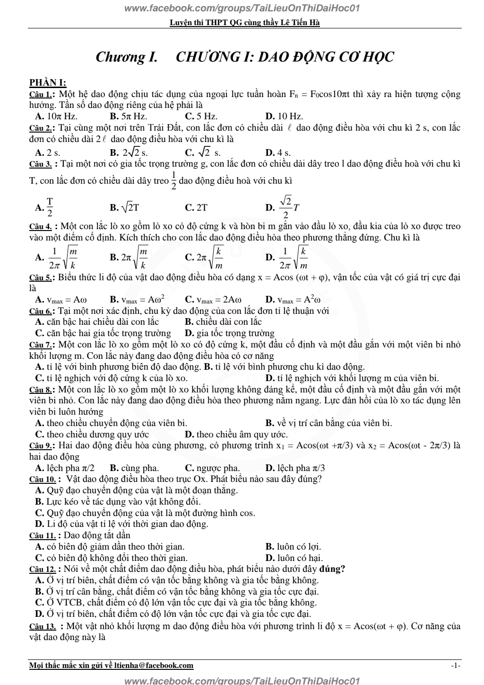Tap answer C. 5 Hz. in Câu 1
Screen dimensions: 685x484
tap(201, 116)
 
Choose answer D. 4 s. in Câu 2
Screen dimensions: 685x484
tap(278, 152)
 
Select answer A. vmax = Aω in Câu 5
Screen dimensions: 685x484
tap(61, 300)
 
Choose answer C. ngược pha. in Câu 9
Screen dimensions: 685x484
tap(212, 468)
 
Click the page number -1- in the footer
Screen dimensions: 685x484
tap(456, 666)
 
